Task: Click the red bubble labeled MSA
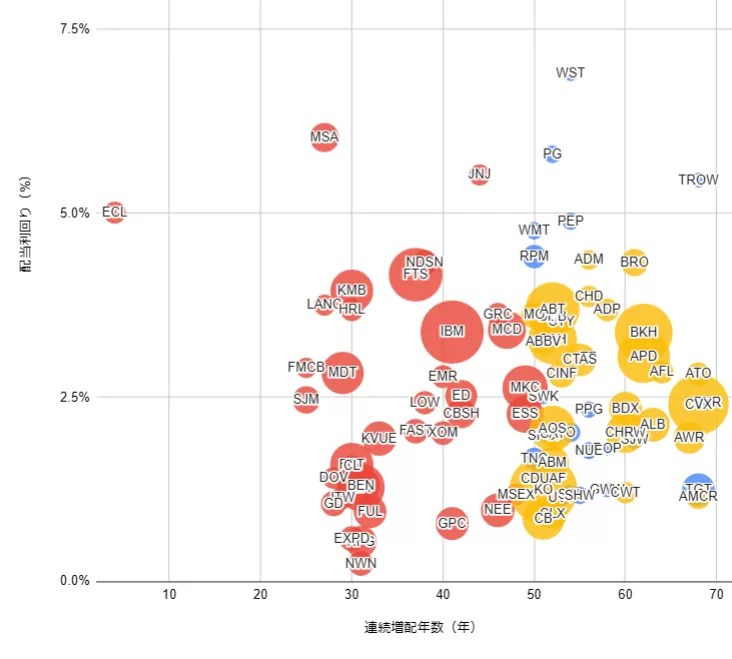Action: click(324, 137)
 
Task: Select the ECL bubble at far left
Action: click(114, 212)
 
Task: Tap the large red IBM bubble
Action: click(452, 330)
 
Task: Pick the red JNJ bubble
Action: click(480, 174)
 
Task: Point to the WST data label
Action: click(570, 73)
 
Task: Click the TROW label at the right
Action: click(698, 180)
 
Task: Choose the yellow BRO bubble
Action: click(634, 263)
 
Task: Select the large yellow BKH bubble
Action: click(644, 332)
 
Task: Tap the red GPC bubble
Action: click(452, 523)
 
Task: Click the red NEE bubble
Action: click(497, 510)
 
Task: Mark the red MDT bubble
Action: click(342, 372)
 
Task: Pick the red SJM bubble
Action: click(306, 400)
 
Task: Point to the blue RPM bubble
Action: click(534, 256)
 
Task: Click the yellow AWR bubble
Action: click(689, 437)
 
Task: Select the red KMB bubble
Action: click(351, 290)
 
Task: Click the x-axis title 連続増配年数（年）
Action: click(420, 629)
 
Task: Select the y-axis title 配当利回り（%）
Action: click(27, 226)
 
